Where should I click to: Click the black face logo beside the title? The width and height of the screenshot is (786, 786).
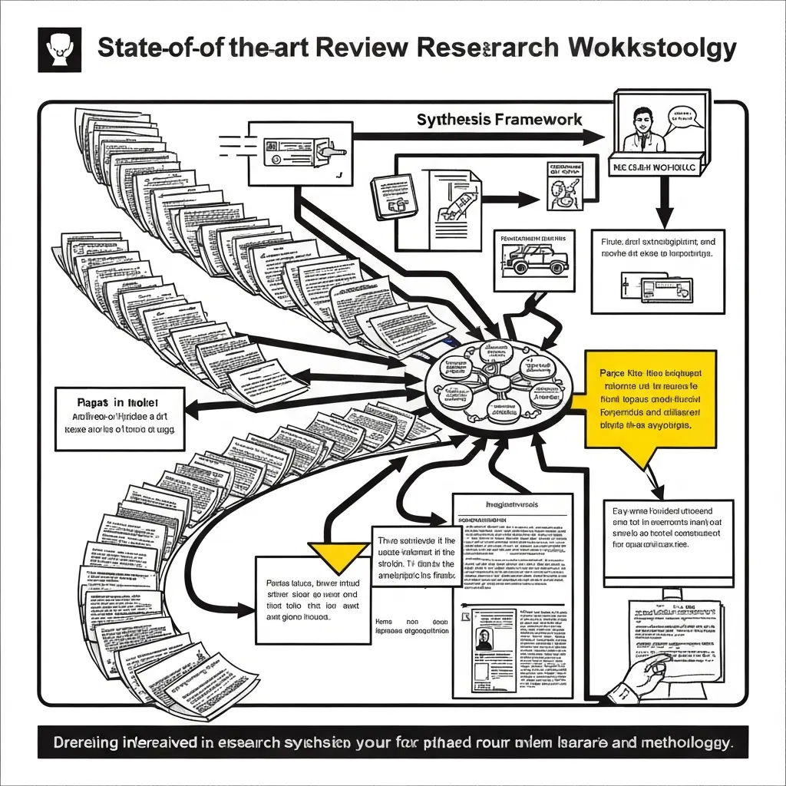coord(59,50)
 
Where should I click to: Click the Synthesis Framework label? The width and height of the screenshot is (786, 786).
coord(499,120)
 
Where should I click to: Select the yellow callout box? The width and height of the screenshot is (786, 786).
coord(650,399)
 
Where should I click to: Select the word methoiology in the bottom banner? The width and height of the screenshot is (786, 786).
coord(679,742)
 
